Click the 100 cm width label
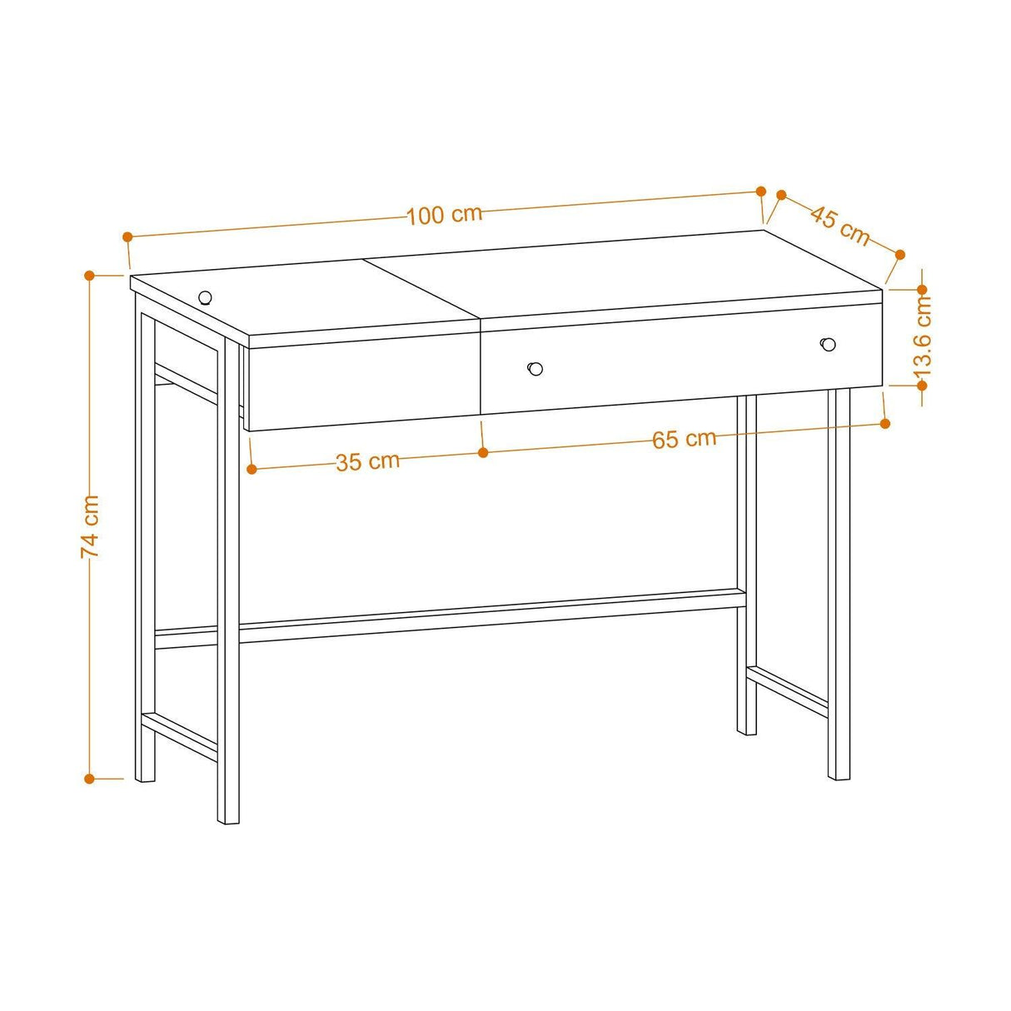(x=445, y=215)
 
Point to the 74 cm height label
(x=90, y=525)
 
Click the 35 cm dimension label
(x=367, y=461)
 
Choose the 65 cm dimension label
(x=684, y=439)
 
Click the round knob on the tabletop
(x=205, y=296)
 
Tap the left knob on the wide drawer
(x=535, y=368)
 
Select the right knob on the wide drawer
(x=828, y=344)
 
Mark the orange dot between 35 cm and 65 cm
(x=483, y=452)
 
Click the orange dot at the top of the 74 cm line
(x=90, y=274)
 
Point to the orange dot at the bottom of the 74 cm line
(x=90, y=779)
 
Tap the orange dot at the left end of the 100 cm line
(x=127, y=237)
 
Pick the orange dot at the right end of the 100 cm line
(x=760, y=191)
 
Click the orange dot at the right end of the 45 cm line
(x=899, y=255)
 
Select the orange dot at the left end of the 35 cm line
(x=252, y=469)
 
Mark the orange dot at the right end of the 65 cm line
(x=884, y=424)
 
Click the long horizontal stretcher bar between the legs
(x=491, y=617)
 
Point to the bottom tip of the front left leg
(x=228, y=820)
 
